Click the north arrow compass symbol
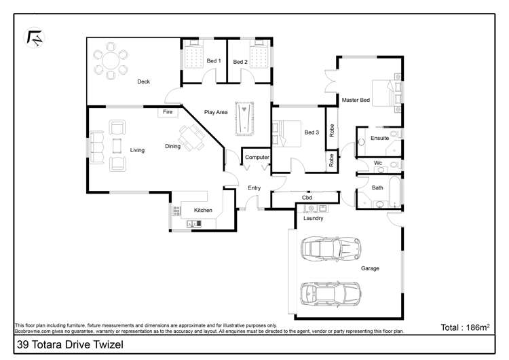[x=35, y=37]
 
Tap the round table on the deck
[x=111, y=60]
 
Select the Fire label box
[x=168, y=112]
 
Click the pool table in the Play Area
[x=244, y=119]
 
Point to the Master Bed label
[x=356, y=100]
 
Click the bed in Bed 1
[x=194, y=54]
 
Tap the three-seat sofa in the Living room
[x=97, y=147]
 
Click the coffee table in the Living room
[x=117, y=145]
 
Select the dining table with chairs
[x=192, y=138]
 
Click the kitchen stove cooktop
[x=176, y=211]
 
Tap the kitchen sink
[x=194, y=223]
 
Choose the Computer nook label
[x=257, y=158]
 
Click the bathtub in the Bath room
[x=395, y=192]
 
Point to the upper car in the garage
[x=331, y=249]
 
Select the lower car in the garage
[x=330, y=293]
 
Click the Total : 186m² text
[x=465, y=327]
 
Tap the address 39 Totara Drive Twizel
[x=70, y=344]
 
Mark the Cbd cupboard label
[x=307, y=198]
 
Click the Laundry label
[x=314, y=218]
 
